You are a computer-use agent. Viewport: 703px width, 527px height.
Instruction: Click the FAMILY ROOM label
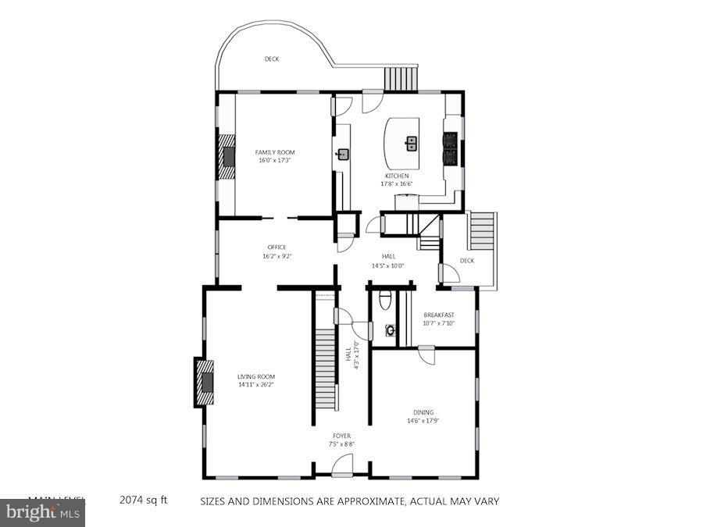click(x=275, y=152)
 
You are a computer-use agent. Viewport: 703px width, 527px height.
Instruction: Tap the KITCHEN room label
click(x=396, y=176)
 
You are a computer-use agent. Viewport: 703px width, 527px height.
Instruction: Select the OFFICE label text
click(x=277, y=247)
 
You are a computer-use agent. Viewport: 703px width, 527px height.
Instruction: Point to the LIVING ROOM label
click(x=256, y=376)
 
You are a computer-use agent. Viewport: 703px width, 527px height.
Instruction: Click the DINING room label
click(x=423, y=412)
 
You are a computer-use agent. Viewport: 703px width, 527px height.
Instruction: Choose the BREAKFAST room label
click(x=438, y=315)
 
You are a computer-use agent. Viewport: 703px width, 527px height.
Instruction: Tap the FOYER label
click(x=341, y=436)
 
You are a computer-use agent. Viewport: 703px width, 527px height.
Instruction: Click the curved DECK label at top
click(x=271, y=59)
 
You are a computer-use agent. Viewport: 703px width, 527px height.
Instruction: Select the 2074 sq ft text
click(x=143, y=500)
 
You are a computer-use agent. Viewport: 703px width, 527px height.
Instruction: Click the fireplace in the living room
click(x=205, y=383)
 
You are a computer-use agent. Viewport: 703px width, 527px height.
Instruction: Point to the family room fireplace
click(x=227, y=157)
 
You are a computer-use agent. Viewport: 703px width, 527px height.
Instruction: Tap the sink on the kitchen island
click(x=411, y=143)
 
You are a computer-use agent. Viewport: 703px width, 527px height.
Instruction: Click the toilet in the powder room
click(x=384, y=300)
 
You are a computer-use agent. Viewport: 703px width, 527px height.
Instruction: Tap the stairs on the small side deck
click(x=482, y=230)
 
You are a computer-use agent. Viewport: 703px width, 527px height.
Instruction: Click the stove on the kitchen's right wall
click(x=451, y=148)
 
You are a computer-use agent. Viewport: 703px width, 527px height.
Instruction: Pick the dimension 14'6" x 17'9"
click(x=423, y=422)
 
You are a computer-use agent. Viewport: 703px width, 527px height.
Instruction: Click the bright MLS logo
click(x=43, y=513)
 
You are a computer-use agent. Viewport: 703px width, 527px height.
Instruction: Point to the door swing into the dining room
click(x=426, y=355)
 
